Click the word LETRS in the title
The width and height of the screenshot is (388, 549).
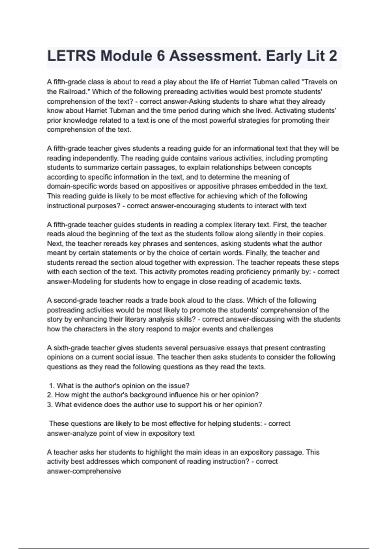point(71,56)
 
